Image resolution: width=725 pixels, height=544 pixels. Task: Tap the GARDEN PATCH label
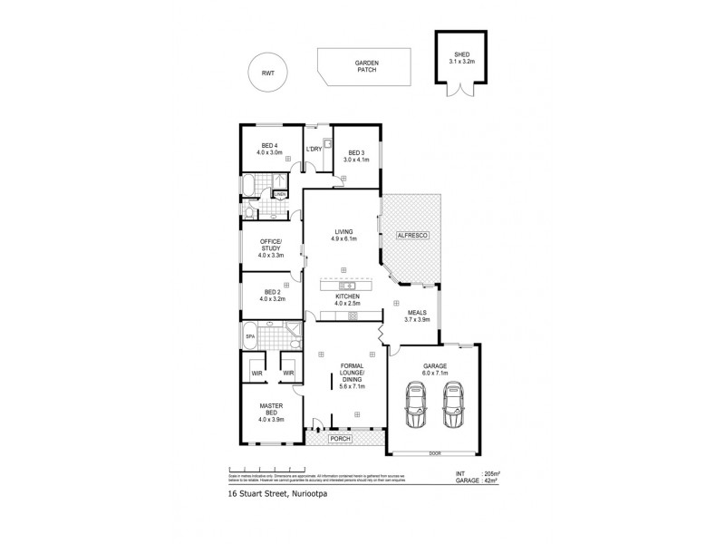[x=366, y=68]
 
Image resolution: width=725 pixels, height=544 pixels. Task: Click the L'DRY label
[x=314, y=149]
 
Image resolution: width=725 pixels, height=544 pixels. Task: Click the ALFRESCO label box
[x=411, y=236]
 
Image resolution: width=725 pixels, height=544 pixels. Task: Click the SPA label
[x=250, y=337]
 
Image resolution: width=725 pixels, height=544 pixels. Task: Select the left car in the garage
[x=415, y=404]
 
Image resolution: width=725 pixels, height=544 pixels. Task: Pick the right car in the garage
[x=454, y=404]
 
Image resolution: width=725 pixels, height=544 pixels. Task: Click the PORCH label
[x=341, y=439]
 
